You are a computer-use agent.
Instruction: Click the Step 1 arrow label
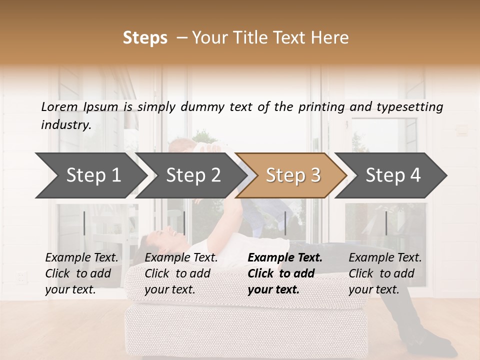pos(93,175)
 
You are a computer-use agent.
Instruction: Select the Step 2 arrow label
pos(193,175)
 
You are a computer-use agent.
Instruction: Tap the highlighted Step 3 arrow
pos(293,175)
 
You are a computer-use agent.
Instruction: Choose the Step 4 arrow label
pos(393,175)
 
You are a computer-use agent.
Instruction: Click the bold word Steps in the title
pos(145,37)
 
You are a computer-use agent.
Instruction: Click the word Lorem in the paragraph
pos(59,106)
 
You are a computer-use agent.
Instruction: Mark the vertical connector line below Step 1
pos(84,223)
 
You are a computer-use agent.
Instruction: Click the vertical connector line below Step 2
pos(184,223)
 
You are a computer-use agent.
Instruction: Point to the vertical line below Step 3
pos(285,223)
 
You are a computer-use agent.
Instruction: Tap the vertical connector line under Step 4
pos(386,223)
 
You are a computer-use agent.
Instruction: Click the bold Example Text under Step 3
pos(285,257)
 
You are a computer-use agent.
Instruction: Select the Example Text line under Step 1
pos(81,257)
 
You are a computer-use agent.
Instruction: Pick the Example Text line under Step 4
pos(385,257)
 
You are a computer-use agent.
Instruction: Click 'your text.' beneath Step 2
pos(169,289)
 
